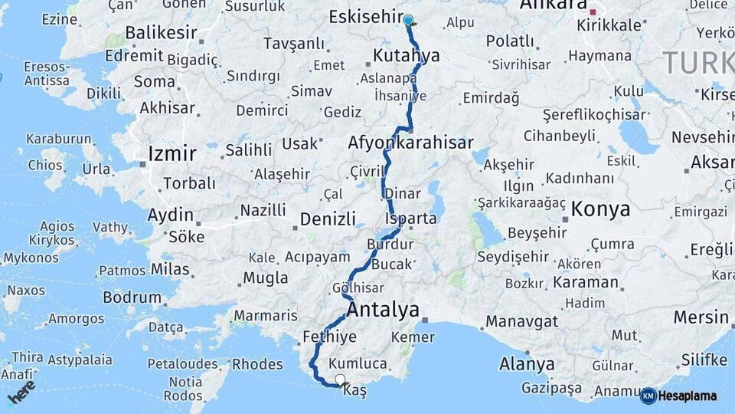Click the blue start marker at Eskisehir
coord(408,21)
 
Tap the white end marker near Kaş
coord(340,379)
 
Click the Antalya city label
coord(383,310)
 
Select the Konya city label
coord(600,209)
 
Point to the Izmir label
coord(172,153)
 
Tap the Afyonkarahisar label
coord(410,143)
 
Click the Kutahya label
coord(407,56)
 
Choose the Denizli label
coord(328,219)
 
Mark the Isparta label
coord(411,219)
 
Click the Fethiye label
coord(329,337)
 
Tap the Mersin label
coord(701,317)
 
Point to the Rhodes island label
coord(257,364)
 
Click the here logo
coord(21,391)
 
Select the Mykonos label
coord(31,258)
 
